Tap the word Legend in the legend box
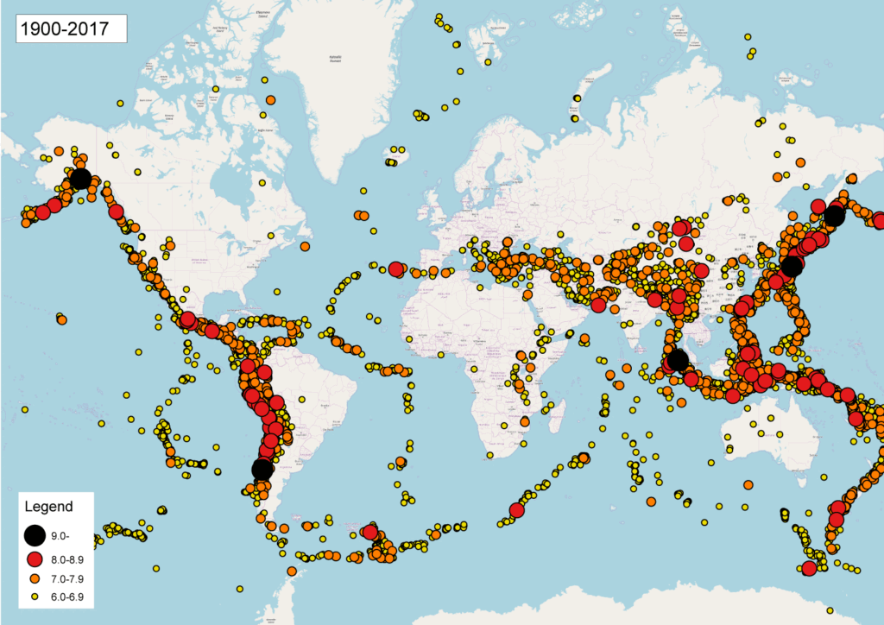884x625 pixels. (48, 507)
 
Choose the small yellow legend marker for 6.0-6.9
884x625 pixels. (35, 597)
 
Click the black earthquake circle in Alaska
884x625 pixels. (80, 179)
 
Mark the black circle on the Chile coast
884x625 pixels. (262, 469)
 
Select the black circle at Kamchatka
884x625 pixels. (833, 216)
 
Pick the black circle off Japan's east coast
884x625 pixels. (792, 266)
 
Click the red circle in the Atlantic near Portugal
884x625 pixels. (395, 269)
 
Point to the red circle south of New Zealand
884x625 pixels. (809, 568)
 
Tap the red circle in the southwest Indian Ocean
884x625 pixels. (517, 510)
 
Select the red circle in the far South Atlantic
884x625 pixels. (370, 533)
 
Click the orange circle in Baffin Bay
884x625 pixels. (270, 100)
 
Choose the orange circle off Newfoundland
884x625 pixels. (305, 246)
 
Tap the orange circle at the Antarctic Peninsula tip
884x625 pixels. (292, 571)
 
